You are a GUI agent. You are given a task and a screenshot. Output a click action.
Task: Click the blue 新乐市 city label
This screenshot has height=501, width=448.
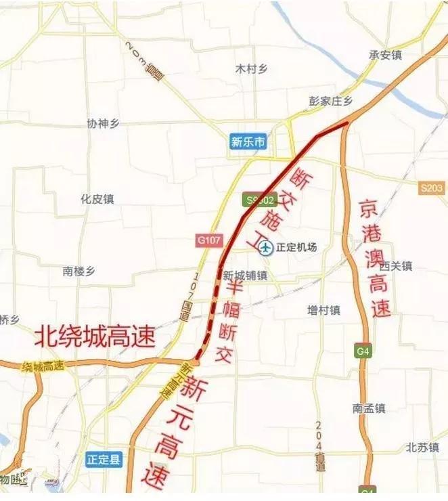click(x=248, y=142)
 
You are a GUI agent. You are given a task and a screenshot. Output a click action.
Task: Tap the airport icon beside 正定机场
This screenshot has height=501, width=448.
click(x=266, y=248)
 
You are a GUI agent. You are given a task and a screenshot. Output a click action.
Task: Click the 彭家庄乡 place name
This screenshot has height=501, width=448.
click(x=331, y=101)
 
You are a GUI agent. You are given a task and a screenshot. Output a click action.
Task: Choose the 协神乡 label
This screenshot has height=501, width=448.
click(x=103, y=123)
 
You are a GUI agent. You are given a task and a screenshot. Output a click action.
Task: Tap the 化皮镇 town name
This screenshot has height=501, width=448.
click(x=97, y=199)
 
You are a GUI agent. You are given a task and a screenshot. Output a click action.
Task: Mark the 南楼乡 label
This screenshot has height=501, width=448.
click(x=79, y=271)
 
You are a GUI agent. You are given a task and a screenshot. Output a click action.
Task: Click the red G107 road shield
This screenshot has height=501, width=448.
click(x=208, y=240)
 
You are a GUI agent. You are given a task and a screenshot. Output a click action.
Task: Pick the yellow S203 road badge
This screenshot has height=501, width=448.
click(x=431, y=189)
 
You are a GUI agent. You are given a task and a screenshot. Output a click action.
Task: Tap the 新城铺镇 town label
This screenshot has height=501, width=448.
click(x=245, y=276)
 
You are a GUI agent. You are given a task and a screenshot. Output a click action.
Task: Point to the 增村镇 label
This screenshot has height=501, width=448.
click(x=323, y=310)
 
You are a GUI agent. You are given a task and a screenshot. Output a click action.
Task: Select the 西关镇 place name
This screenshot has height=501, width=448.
click(x=396, y=267)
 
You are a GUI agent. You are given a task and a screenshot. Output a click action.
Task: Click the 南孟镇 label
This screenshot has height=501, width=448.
click(x=368, y=408)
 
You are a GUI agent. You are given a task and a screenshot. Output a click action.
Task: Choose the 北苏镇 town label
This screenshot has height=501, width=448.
click(x=423, y=448)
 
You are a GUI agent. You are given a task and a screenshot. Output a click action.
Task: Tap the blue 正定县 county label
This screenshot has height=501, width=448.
click(x=104, y=460)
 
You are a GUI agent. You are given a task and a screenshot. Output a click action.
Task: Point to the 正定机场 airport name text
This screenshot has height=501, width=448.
click(x=296, y=248)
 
